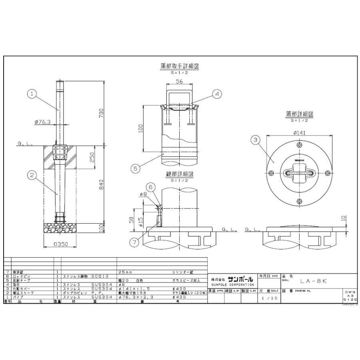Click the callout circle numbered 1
tap(33, 94)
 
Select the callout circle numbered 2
tap(33, 174)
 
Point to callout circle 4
tap(216, 94)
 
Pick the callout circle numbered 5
tap(136, 169)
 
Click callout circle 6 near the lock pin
tap(150, 186)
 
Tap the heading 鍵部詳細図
tap(180, 175)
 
